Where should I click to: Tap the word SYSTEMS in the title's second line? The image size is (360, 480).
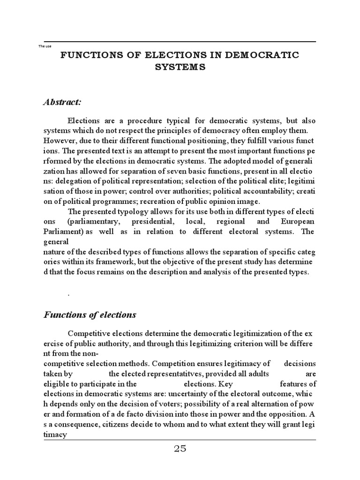tap(180, 67)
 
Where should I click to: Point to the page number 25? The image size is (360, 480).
tap(180, 449)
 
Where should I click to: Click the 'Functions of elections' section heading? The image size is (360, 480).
tap(90, 315)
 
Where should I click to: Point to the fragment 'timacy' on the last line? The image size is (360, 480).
tap(56, 435)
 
